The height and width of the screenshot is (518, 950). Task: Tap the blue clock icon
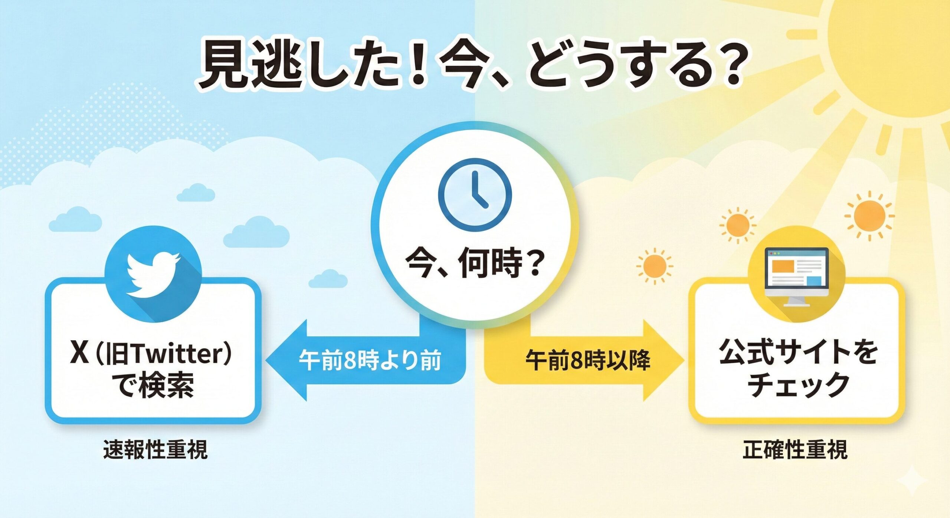475,195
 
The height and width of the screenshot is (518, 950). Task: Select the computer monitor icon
797,276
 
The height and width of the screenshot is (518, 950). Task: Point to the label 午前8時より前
370,360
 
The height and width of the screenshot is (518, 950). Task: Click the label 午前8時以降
588,360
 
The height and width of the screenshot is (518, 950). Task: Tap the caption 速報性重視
155,450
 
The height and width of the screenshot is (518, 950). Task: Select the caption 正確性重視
795,450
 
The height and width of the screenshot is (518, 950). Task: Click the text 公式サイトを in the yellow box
798,352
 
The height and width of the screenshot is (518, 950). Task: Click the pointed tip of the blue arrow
266,360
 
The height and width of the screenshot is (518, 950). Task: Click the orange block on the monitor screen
783,265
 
